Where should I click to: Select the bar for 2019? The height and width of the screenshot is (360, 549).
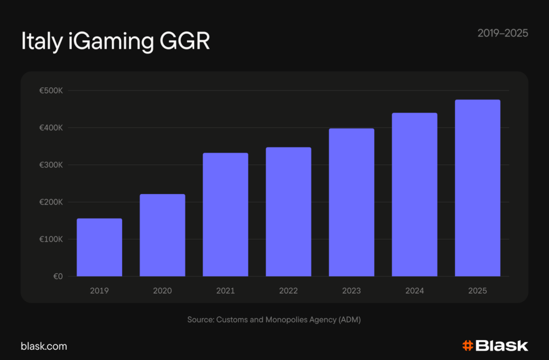pos(99,247)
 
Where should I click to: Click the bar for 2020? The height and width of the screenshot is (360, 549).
pos(162,235)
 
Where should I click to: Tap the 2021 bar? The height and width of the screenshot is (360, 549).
pos(225,215)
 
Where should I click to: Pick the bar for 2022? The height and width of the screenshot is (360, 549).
pos(288,212)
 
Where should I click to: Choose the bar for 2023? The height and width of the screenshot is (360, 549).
pos(351,202)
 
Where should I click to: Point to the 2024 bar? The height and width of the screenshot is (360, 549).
pos(414,194)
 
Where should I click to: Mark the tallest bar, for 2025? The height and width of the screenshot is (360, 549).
pos(477,188)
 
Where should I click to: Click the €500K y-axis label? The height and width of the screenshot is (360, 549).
pos(51,91)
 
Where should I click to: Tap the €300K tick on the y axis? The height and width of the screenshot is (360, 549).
pos(51,165)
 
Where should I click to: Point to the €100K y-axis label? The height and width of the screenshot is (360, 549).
pos(51,239)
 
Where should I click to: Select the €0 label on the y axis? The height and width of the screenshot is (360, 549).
pos(57,276)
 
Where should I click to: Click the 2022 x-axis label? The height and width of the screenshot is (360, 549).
pos(288,291)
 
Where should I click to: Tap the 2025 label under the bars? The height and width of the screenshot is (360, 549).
pos(477,291)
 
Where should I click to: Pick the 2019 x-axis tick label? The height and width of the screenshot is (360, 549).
pos(99,291)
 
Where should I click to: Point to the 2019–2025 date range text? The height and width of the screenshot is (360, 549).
pos(502,33)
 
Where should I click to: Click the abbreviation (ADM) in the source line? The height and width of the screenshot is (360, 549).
pos(350,319)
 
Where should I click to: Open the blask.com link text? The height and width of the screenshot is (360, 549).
pos(44,346)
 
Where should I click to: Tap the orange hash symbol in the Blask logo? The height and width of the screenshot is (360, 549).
pos(468,346)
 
